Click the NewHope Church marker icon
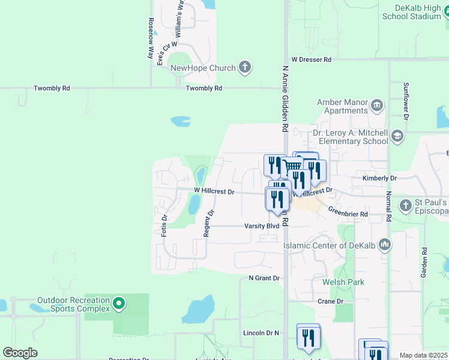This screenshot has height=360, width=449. coord(244,67)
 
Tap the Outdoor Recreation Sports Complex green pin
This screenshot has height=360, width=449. coord(119,304)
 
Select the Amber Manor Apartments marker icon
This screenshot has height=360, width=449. coord(377,106)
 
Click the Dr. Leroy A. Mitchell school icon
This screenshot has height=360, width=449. coord(397,136)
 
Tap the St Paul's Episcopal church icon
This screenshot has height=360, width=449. coord(406,205)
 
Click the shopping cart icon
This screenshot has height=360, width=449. coord(292,167)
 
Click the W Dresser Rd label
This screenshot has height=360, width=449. coord(311,60)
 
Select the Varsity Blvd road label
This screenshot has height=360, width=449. coord(262,226)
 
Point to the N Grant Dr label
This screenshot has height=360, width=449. coord(264,278)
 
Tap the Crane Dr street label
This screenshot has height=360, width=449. coord(330,301)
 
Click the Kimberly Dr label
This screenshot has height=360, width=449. coord(379,179)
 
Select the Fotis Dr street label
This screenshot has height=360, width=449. coord(164,225)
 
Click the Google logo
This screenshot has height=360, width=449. coord(20,353)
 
